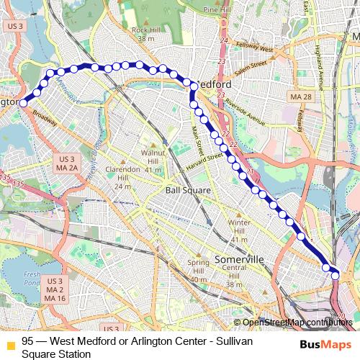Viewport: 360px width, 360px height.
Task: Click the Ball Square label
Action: (188, 190)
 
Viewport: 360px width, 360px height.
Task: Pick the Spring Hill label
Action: (199, 267)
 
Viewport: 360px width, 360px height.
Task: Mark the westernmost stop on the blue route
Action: (23, 103)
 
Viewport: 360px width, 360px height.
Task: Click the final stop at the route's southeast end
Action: (335, 274)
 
